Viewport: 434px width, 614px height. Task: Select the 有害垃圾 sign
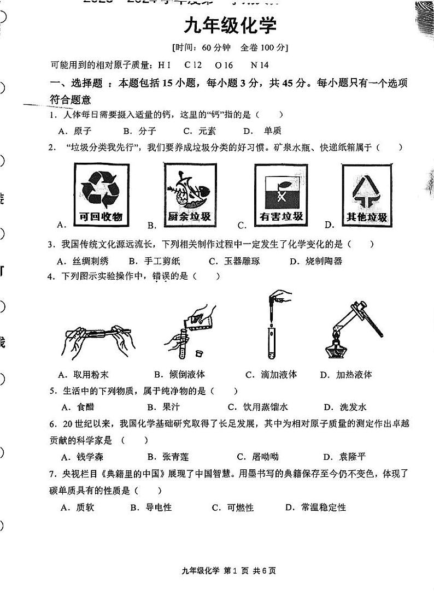click(x=281, y=196)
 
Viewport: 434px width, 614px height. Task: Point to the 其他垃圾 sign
click(x=366, y=196)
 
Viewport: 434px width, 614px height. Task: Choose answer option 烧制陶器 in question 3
click(x=324, y=261)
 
